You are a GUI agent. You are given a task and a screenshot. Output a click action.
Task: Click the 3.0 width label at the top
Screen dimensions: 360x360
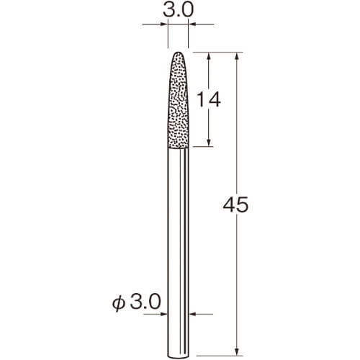(178, 10)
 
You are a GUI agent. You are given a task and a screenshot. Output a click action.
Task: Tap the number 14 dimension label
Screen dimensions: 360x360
(208, 100)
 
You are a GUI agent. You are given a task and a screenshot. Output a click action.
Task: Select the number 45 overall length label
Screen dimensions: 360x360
(235, 204)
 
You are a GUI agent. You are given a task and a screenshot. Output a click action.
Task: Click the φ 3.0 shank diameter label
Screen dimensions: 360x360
(136, 302)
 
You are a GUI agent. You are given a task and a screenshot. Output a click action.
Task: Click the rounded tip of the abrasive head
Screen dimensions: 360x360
(178, 53)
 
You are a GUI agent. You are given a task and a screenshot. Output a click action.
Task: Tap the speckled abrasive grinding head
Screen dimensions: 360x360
(178, 100)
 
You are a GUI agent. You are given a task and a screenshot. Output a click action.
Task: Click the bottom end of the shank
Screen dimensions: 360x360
(178, 358)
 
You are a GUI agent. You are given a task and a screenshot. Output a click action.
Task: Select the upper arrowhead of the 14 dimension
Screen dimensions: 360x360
(209, 57)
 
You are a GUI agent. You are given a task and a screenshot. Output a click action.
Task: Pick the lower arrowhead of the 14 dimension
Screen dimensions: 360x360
(209, 142)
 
